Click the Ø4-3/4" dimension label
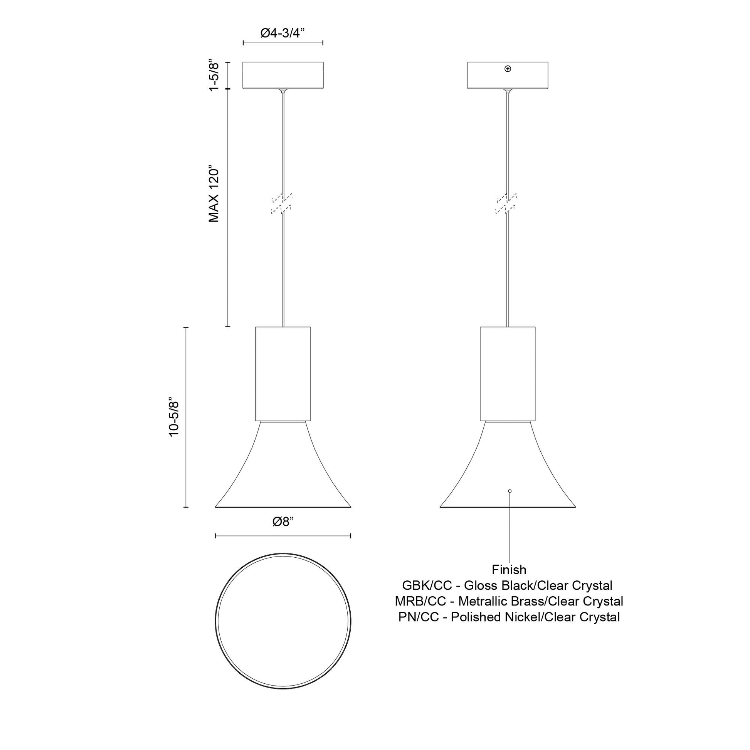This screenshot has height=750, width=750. [282, 34]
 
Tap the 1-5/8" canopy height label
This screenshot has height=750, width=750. [214, 75]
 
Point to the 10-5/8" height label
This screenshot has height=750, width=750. [174, 417]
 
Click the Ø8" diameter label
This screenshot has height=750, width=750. [283, 522]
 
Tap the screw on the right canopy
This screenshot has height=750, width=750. [507, 69]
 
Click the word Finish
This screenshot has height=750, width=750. [509, 570]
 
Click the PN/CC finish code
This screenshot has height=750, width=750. [419, 617]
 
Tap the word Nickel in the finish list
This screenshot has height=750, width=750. [524, 617]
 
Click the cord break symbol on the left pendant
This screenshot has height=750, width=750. [283, 204]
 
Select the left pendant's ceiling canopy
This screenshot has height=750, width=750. [283, 75]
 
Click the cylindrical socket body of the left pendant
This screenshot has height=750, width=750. [283, 373]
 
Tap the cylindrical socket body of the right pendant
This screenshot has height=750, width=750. [507, 373]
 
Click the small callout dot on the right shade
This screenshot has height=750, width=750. [510, 491]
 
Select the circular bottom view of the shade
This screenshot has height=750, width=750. [283, 622]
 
